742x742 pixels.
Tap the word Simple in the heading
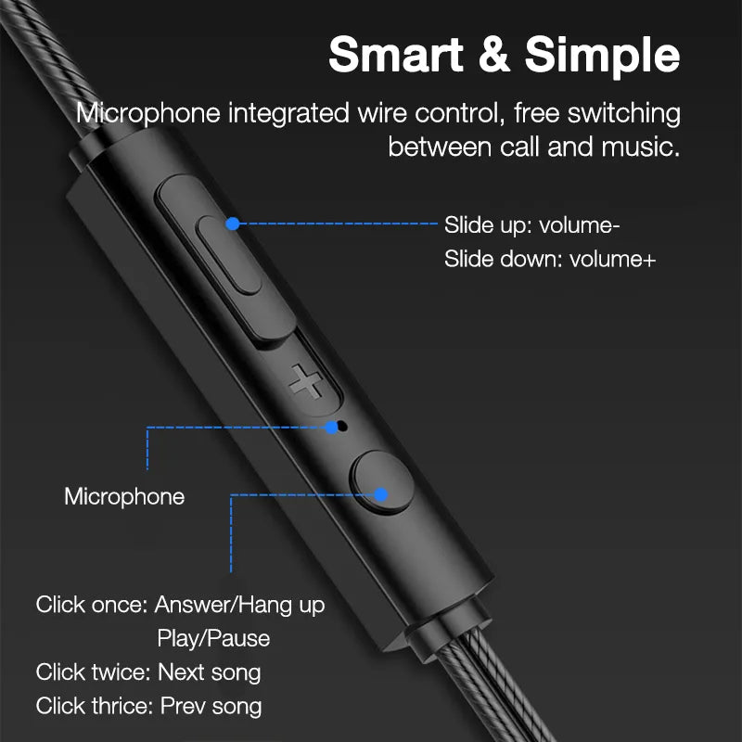point(604,56)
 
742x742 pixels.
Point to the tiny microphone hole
point(343,428)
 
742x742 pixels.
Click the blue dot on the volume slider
point(233,224)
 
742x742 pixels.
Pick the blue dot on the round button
point(380,494)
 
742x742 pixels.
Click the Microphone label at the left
point(124,496)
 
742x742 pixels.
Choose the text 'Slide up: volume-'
point(531,225)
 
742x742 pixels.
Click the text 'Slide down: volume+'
point(550,259)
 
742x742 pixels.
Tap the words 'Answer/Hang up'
point(239,606)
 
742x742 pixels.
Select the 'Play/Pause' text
point(213,638)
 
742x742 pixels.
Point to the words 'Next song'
point(210,672)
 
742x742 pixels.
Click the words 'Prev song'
point(211,705)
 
